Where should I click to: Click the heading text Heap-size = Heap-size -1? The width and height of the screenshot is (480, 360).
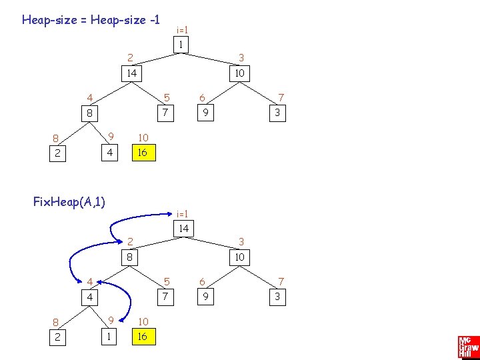[x=91, y=19]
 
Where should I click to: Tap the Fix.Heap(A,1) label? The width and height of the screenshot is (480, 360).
[x=70, y=201]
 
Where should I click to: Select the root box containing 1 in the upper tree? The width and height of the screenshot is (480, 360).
[x=179, y=45]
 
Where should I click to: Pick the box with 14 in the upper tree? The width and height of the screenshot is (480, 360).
[x=132, y=73]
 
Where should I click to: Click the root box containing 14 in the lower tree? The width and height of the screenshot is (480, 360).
[x=183, y=229]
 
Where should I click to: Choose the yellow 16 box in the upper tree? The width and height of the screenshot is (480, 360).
[x=142, y=153]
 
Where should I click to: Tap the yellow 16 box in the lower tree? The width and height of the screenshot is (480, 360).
[x=142, y=337]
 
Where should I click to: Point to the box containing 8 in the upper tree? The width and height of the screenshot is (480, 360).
[x=89, y=113]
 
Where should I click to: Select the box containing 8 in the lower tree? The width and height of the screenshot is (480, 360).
[x=129, y=257]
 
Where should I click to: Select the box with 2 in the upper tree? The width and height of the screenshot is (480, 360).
[x=58, y=153]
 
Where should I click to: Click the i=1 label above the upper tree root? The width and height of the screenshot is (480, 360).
[x=182, y=30]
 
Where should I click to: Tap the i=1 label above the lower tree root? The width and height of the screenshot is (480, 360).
[x=182, y=213]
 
